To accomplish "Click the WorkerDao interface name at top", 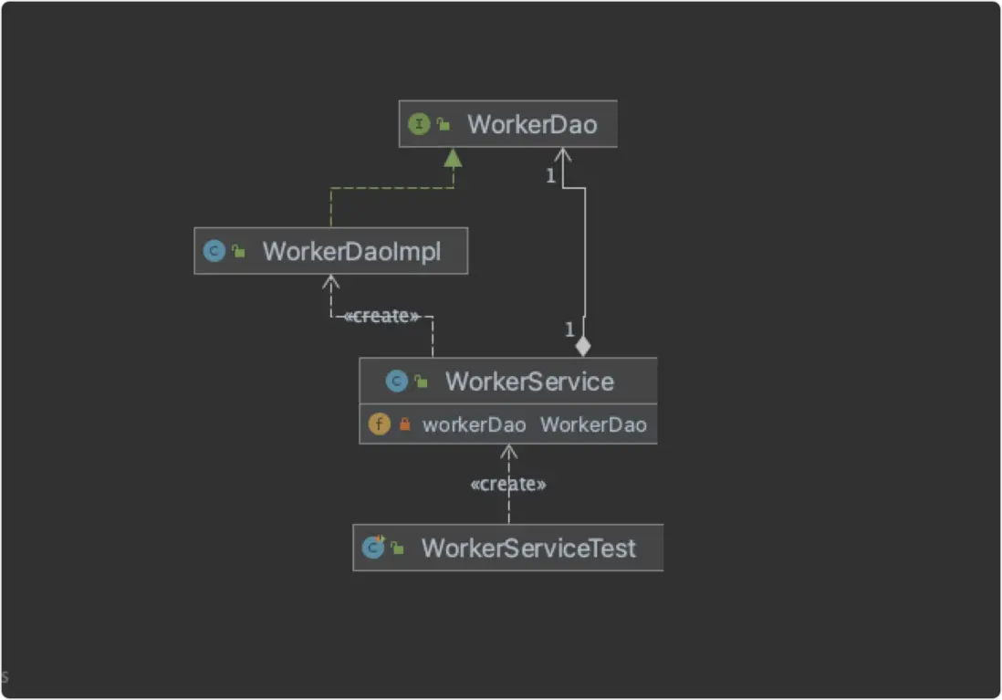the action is tap(532, 125).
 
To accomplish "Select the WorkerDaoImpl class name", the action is tap(351, 251).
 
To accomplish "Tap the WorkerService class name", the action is tap(530, 381).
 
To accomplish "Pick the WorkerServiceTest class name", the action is tap(528, 549).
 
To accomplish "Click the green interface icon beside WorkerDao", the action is tap(419, 124).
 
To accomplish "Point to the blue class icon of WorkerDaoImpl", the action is tap(214, 251).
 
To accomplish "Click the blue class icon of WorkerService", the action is tap(396, 381).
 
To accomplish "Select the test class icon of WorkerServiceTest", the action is tap(373, 548).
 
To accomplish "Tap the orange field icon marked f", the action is tap(379, 423).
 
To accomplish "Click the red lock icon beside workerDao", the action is tap(404, 423).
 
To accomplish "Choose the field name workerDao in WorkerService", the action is tap(475, 425).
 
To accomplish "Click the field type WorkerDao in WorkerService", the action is tap(594, 425).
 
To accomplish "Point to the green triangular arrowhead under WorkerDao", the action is tap(453, 158).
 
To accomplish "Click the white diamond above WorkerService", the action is tap(583, 347).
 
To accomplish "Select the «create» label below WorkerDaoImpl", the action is tap(381, 316).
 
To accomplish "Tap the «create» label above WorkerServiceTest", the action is tap(508, 484).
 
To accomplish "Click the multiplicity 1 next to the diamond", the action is tap(569, 329).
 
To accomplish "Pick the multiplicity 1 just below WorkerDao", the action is tap(551, 176).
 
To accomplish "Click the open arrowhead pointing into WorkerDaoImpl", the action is tap(330, 281).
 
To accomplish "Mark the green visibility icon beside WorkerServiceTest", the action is tap(398, 548).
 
